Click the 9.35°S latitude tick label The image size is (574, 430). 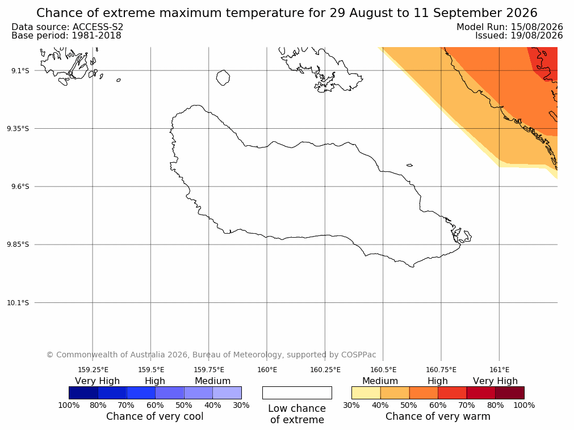click(x=18, y=128)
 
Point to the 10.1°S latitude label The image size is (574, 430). click(x=18, y=303)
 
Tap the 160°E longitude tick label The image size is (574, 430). click(x=267, y=370)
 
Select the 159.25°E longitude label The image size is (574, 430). click(x=93, y=370)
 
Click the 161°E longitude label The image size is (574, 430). click(x=499, y=370)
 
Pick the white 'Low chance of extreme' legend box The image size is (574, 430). click(x=298, y=393)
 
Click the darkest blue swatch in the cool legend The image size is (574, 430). click(x=83, y=393)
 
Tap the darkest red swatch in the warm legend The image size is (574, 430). click(x=510, y=393)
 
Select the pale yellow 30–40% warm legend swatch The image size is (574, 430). click(x=366, y=393)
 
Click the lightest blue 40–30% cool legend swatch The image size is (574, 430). click(x=227, y=393)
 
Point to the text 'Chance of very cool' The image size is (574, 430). click(x=155, y=416)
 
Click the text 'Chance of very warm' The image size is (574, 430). click(x=438, y=416)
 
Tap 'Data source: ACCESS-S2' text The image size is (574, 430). click(x=68, y=27)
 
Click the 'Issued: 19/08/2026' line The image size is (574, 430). click(x=519, y=36)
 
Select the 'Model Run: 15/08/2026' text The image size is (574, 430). click(x=510, y=27)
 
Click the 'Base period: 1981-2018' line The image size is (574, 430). click(x=66, y=36)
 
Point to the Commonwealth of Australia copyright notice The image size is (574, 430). click(x=211, y=355)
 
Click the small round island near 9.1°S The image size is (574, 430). click(x=223, y=78)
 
